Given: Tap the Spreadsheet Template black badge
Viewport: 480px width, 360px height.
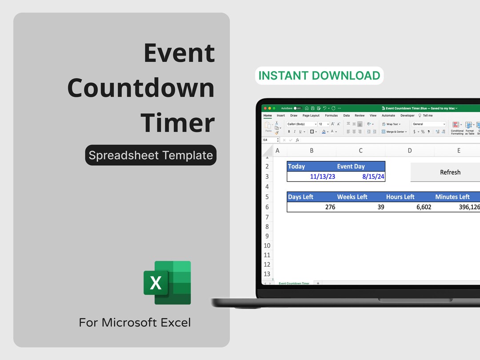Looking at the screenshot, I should pos(151,155).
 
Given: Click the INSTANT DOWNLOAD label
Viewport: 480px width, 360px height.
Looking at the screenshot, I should pos(319,76).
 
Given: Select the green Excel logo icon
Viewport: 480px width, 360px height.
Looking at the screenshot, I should pos(167,283).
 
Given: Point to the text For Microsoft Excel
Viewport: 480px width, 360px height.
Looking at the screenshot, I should pos(135,322).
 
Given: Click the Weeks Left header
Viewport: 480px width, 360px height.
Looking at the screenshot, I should pos(352,197).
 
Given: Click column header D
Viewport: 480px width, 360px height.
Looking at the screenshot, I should pos(409,151).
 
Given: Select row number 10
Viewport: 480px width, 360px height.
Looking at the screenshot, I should pos(267,245).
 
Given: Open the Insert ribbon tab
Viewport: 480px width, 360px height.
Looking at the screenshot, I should pos(281,116).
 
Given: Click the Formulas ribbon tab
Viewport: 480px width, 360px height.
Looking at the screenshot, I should pos(331,116).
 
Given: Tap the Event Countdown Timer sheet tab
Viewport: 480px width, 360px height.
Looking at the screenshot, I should pos(294,283).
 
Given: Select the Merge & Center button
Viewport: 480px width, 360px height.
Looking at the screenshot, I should pos(394,132).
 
